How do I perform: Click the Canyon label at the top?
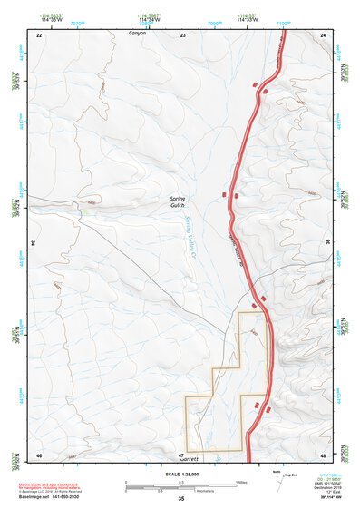(x=137, y=33)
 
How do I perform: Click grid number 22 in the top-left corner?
(x=39, y=34)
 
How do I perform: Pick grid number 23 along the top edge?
(x=182, y=34)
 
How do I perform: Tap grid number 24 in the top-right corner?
(x=324, y=34)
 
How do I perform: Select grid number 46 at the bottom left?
(x=39, y=455)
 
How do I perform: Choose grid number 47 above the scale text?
(x=181, y=455)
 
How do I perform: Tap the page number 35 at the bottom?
(x=181, y=499)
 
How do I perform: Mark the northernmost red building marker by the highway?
(x=255, y=84)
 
